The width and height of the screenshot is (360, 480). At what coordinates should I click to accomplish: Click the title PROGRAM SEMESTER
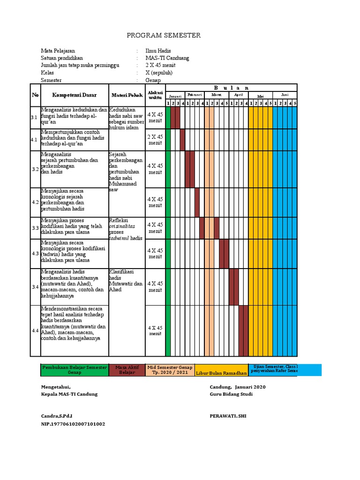point(164,35)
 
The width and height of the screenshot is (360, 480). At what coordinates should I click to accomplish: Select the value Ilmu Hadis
point(158,51)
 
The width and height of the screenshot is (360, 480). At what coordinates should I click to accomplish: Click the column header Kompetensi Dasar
point(75,95)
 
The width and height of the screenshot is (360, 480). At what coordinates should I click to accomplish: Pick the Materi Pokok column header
point(127,95)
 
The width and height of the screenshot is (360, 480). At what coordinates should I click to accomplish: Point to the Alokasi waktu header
point(155,95)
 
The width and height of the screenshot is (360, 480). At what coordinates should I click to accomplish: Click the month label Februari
point(195,95)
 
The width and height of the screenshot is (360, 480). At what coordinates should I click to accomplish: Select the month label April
point(239,95)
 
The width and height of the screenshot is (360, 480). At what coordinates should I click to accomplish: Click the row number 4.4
point(35,331)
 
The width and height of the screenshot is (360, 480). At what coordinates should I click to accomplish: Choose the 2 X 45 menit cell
point(155,140)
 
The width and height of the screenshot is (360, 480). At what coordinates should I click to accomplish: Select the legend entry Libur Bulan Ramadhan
point(221,373)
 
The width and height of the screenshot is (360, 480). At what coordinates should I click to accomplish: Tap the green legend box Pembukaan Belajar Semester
point(75,370)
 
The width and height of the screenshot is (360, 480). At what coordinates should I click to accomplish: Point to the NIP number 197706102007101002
point(73,424)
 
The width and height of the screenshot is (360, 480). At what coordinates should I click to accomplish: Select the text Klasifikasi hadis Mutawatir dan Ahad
point(126,280)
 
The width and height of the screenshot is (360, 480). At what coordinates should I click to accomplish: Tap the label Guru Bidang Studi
point(231,394)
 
